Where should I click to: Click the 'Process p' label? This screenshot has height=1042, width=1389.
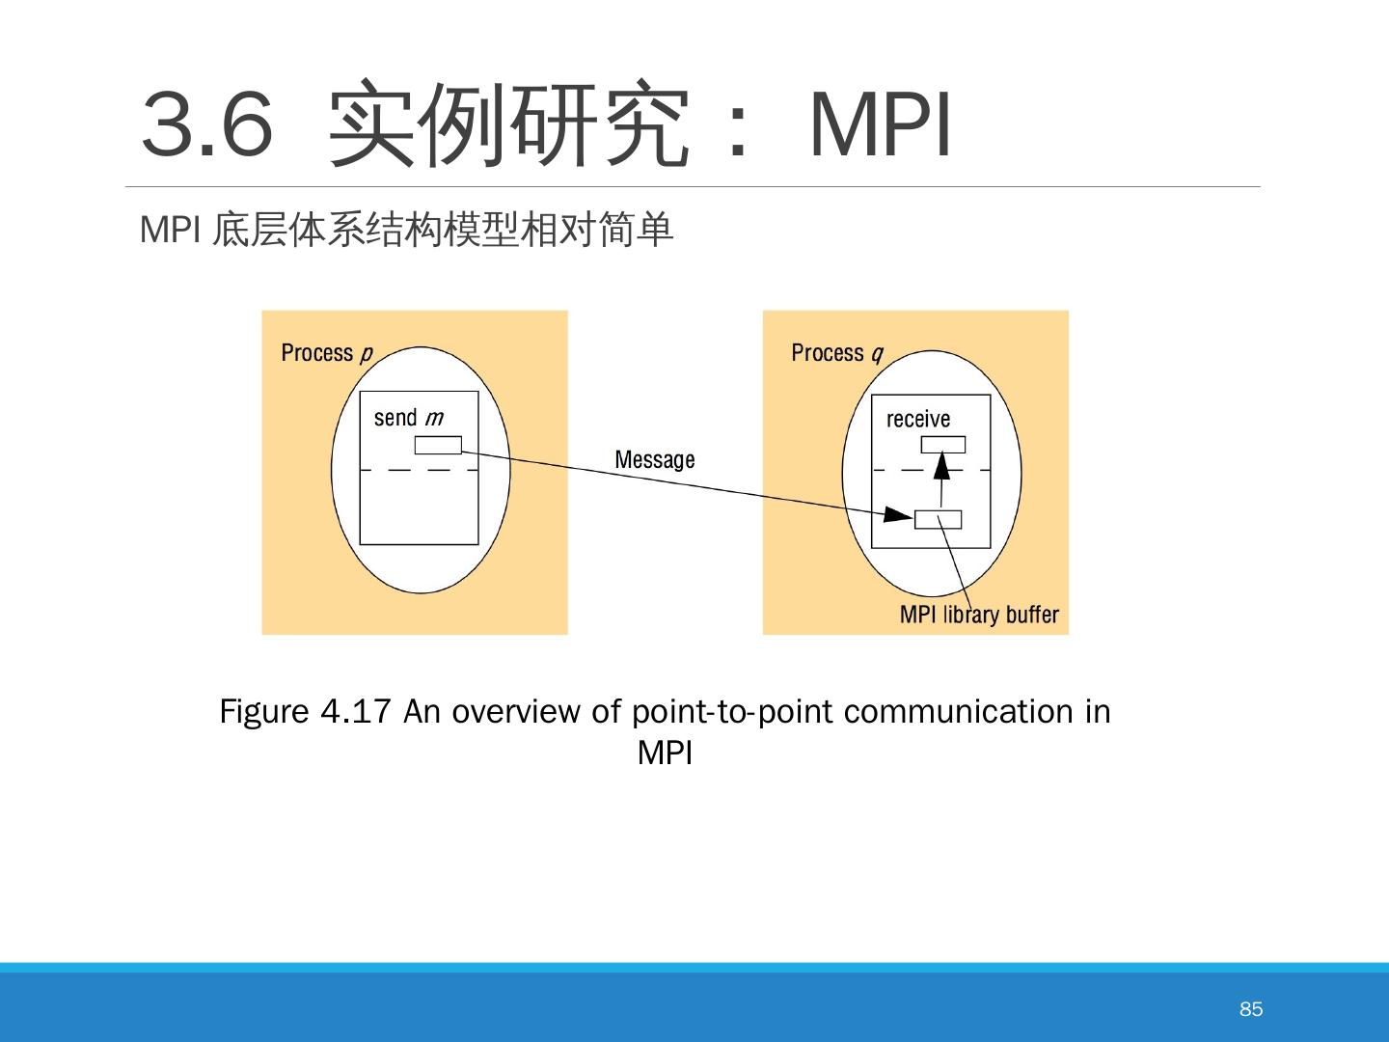326,353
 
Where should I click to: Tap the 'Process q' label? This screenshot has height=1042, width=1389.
836,353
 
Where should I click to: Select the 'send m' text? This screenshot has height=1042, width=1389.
408,418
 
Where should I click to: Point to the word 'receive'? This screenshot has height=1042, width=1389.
918,420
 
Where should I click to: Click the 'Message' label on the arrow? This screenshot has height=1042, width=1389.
654,459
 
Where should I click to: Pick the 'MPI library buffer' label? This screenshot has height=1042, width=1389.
979,615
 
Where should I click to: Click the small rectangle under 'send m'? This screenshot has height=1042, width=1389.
438,446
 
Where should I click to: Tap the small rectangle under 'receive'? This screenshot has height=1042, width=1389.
942,445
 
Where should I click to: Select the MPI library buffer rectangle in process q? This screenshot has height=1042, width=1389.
938,520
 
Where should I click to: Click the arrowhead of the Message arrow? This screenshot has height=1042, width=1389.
898,515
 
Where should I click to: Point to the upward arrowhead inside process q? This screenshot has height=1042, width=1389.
942,467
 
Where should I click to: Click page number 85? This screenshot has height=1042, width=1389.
1251,1009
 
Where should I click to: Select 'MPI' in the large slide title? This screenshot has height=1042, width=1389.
881,125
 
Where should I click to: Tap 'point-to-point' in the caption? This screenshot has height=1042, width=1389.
732,712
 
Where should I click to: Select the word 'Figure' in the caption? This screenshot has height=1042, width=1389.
263,712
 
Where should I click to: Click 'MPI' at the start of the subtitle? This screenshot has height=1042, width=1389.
169,230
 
